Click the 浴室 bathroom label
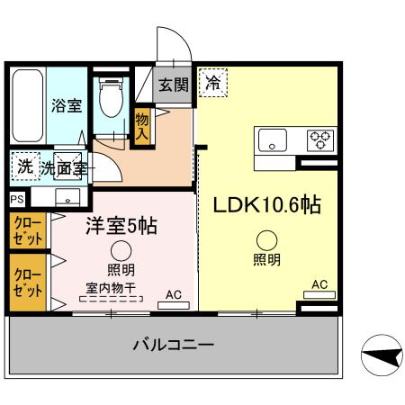pyautogui.click(x=67, y=105)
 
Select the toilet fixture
pyautogui.click(x=112, y=99)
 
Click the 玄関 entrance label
pyautogui.click(x=174, y=85)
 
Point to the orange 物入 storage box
pyautogui.click(x=141, y=125)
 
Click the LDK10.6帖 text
pyautogui.click(x=266, y=204)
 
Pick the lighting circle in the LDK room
pyautogui.click(x=266, y=239)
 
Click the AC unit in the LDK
pyautogui.click(x=319, y=295)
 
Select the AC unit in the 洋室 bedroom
pyautogui.click(x=174, y=304)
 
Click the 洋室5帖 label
pyautogui.click(x=121, y=226)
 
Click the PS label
pyautogui.click(x=16, y=199)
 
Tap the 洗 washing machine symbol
pyautogui.click(x=24, y=166)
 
